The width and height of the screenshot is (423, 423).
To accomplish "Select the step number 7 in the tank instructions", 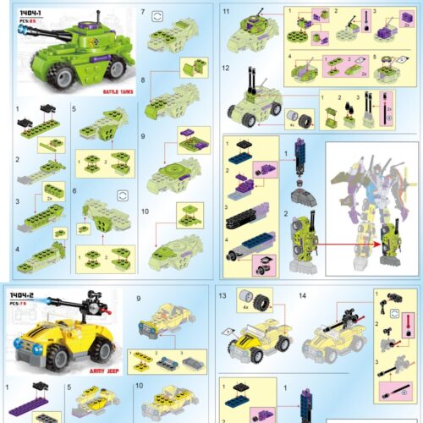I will tap(143, 14).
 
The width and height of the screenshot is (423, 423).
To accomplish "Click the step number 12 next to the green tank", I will tap(226, 69).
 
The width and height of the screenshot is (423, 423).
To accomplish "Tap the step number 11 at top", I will tap(226, 11).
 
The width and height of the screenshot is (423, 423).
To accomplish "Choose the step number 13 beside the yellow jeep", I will tap(222, 297).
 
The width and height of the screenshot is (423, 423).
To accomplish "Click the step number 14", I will tap(302, 297).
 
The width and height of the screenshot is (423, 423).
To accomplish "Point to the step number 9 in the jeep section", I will tap(140, 298).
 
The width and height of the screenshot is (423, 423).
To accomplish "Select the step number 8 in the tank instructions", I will tap(143, 80).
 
